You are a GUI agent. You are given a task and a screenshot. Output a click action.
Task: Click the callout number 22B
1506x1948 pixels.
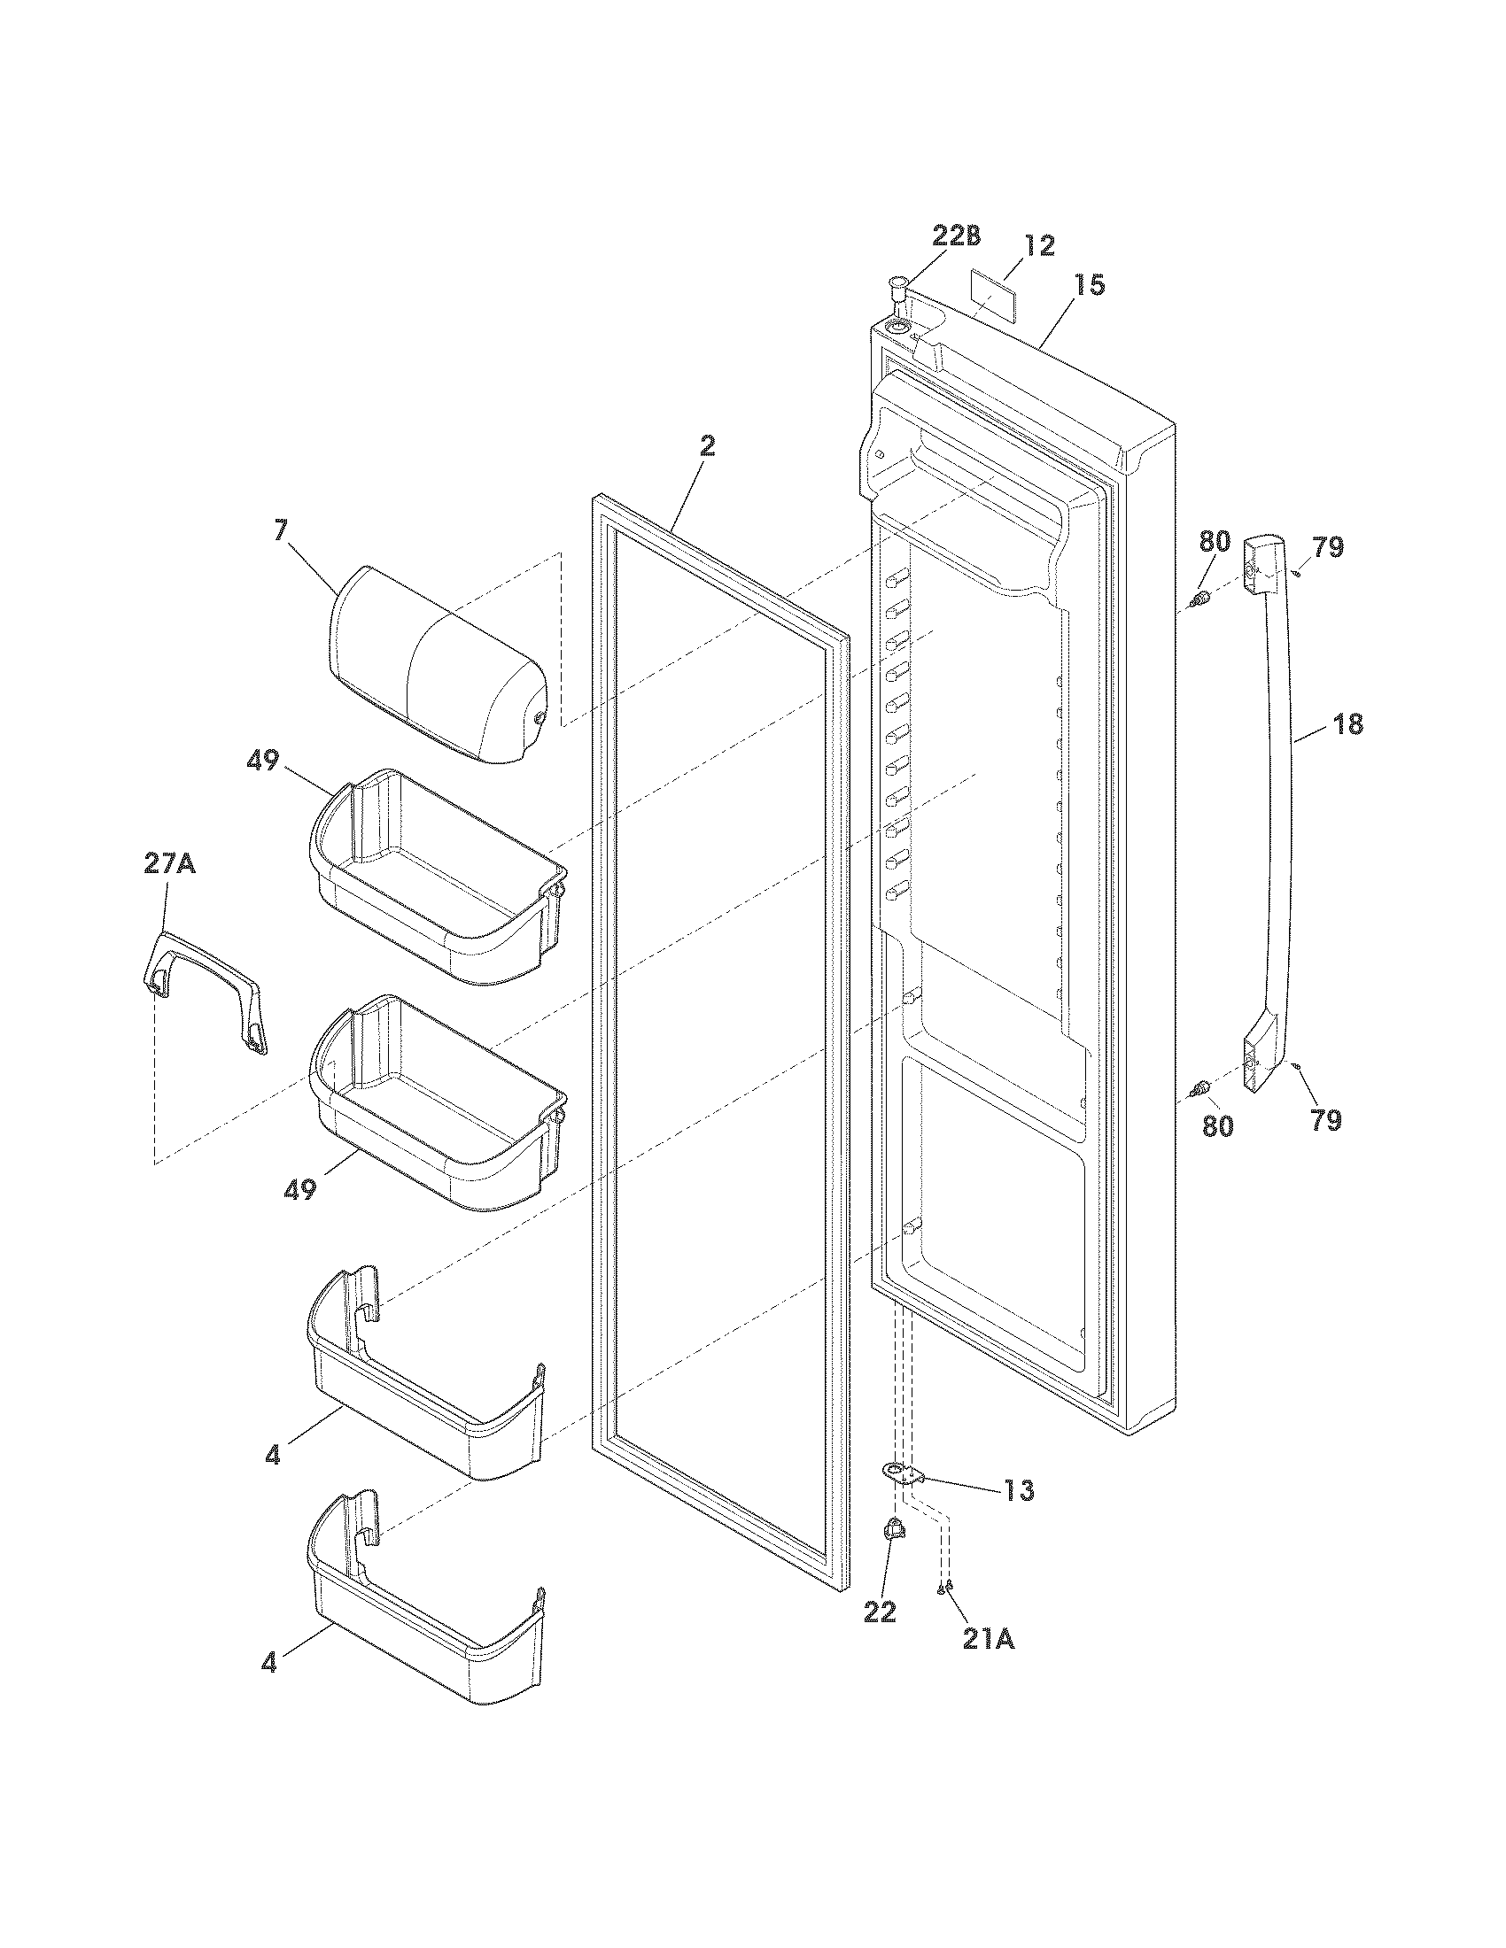click(956, 236)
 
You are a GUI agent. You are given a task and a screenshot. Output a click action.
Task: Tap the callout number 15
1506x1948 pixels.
click(1089, 284)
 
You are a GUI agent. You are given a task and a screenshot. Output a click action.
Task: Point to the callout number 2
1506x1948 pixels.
click(707, 447)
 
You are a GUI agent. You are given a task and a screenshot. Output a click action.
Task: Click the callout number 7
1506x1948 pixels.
click(281, 530)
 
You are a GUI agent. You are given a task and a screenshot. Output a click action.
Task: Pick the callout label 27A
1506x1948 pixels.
click(169, 863)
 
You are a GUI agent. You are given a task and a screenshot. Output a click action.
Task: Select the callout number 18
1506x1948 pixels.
click(1348, 724)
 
